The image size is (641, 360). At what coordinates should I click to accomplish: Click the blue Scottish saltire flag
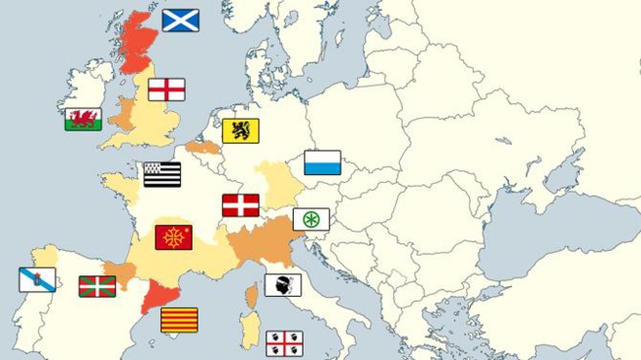[x=180, y=20]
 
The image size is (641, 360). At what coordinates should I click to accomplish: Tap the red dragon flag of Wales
[x=84, y=120]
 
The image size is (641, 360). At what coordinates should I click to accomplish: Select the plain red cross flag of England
[x=166, y=90]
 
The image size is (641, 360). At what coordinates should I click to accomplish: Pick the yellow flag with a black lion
[x=240, y=130]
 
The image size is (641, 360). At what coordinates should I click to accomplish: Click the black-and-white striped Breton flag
[x=162, y=174]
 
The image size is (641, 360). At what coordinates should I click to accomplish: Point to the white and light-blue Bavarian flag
[x=322, y=162]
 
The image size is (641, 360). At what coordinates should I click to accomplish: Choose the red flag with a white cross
[x=240, y=205]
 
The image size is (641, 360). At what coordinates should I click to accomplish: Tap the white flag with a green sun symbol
[x=311, y=219]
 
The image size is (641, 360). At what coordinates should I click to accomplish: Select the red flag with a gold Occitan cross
[x=174, y=237]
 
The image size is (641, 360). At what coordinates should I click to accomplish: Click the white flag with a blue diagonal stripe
[x=37, y=280]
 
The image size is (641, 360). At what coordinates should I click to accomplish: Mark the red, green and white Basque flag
[x=97, y=286]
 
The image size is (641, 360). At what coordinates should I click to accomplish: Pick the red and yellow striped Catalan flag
[x=179, y=320]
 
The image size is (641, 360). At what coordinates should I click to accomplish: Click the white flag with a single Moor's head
[x=283, y=285]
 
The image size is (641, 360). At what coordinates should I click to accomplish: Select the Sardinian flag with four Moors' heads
[x=284, y=342]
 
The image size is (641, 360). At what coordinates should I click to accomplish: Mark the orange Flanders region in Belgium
[x=204, y=148]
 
